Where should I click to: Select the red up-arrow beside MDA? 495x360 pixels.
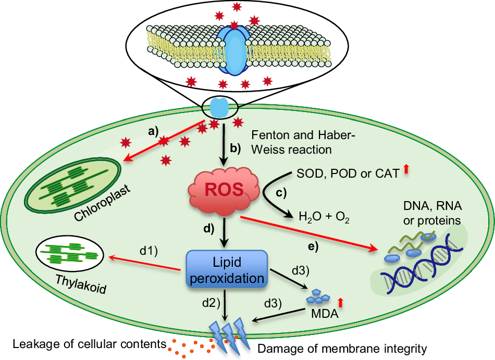pyautogui.click(x=341, y=302)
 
